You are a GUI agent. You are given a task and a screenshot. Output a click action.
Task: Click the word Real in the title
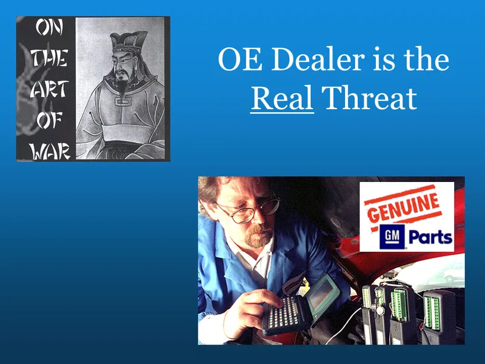pos(282,98)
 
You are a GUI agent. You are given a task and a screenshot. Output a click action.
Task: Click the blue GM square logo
pos(390,237)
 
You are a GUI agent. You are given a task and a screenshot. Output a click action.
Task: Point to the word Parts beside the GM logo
pos(429,237)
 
